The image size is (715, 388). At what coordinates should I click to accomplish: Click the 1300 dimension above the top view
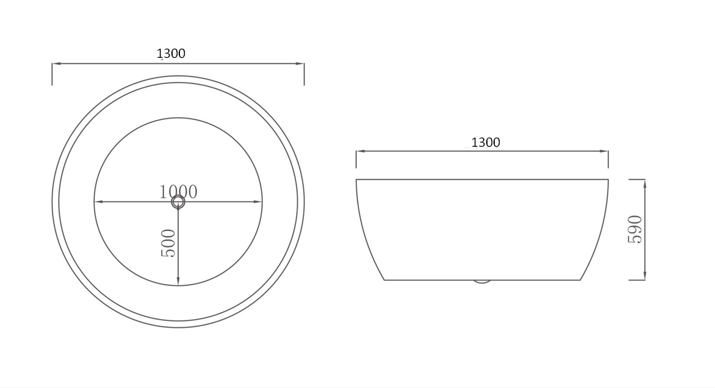pos(171,54)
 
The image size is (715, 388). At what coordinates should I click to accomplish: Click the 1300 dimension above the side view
pos(486,143)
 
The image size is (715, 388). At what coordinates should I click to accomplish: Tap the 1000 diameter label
pos(178,192)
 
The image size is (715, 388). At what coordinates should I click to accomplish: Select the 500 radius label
pos(168,243)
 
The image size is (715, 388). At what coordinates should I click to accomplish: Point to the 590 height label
pos(634,230)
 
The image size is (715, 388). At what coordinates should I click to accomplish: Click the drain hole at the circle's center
pos(178,202)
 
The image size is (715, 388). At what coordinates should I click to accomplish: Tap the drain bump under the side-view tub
pos(482,281)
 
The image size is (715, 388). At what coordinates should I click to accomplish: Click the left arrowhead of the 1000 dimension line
pos(98,202)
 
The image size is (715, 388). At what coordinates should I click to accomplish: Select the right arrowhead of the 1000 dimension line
pos(257,202)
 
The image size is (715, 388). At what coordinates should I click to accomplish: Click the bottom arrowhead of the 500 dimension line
pos(178,281)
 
